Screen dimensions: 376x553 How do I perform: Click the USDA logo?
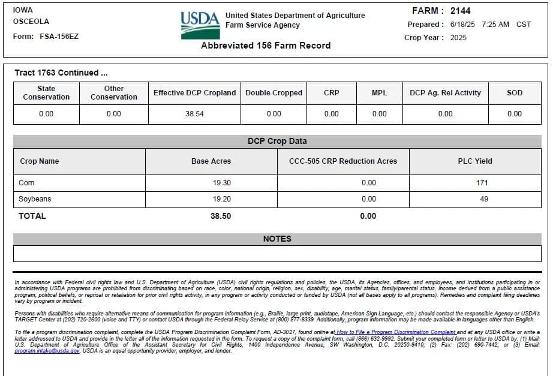click(200, 25)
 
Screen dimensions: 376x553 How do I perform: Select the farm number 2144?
click(460, 11)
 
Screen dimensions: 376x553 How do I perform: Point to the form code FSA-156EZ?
click(59, 36)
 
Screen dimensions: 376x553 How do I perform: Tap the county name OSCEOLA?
click(31, 21)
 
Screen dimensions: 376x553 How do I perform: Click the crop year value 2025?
click(457, 37)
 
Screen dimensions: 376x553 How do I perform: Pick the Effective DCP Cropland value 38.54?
click(194, 113)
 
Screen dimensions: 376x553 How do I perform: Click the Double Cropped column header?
click(274, 93)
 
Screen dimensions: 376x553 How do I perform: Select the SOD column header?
click(514, 93)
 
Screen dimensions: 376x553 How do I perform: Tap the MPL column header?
click(379, 93)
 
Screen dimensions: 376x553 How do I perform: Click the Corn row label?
click(27, 183)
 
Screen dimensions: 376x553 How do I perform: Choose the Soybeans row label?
click(35, 199)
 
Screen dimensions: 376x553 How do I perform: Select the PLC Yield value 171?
click(482, 183)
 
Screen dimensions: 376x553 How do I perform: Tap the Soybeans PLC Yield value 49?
click(483, 199)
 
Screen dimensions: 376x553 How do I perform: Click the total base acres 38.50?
click(221, 216)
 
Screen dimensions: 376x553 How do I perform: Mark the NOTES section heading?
click(277, 239)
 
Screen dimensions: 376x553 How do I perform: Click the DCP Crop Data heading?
click(277, 142)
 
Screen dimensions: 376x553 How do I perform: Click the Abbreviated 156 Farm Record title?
click(265, 46)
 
